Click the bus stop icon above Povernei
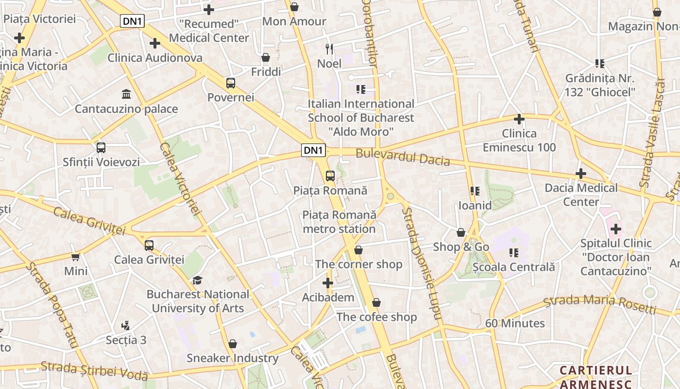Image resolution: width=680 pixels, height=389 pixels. (x=231, y=83)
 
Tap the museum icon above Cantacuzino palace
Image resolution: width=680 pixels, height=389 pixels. (x=126, y=94)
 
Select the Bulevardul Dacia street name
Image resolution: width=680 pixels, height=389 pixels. (x=403, y=157)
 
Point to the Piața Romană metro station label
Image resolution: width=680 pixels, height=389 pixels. (x=339, y=222)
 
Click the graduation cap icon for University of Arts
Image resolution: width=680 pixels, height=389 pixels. (x=197, y=280)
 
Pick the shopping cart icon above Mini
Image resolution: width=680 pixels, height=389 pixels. (x=75, y=257)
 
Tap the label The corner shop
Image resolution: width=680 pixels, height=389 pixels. (x=358, y=264)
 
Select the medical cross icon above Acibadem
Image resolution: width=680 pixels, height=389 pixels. (x=328, y=283)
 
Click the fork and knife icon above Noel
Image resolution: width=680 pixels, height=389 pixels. (x=329, y=49)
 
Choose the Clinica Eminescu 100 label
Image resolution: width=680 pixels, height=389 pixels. (x=519, y=140)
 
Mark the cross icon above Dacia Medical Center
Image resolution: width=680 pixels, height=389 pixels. (x=581, y=174)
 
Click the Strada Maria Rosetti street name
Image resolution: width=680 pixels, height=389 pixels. (x=599, y=304)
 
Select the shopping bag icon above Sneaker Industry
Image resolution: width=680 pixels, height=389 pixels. (x=233, y=344)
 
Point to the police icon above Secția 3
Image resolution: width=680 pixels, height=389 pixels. (x=126, y=325)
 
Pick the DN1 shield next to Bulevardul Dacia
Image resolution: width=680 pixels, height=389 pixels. (x=314, y=150)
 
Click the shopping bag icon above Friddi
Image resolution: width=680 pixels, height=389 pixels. (x=266, y=58)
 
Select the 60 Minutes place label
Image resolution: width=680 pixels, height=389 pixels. (x=515, y=323)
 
